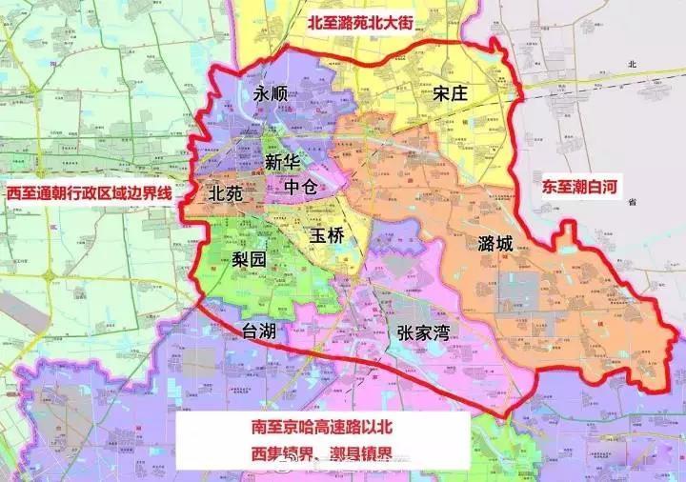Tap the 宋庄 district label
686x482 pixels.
(x=453, y=93)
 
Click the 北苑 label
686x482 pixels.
(x=226, y=191)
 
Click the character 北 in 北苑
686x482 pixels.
(x=215, y=191)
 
